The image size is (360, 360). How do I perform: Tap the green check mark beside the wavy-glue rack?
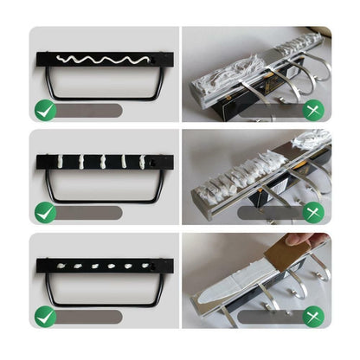(x=45, y=110)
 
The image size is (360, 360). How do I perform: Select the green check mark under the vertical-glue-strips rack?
(x=45, y=212)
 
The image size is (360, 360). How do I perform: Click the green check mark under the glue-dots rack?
(x=45, y=316)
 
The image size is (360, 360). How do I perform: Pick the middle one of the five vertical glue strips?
(x=102, y=162)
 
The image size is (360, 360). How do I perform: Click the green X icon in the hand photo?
(x=313, y=316)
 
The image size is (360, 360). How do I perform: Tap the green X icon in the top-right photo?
(x=313, y=110)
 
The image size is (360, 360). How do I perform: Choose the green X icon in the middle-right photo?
(x=313, y=212)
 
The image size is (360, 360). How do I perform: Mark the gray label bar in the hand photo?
(x=269, y=317)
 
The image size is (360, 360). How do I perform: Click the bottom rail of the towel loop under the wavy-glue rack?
(x=104, y=97)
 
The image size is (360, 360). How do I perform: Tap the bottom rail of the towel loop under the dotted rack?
(x=104, y=304)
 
